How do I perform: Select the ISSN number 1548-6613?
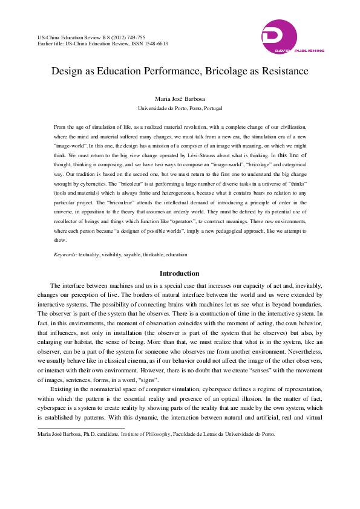click(155, 44)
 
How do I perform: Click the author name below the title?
click(180, 99)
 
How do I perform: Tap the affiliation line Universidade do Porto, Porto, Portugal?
click(180, 109)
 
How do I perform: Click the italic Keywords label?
click(65, 255)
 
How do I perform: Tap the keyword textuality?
click(90, 255)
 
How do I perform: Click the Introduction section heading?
click(180, 274)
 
